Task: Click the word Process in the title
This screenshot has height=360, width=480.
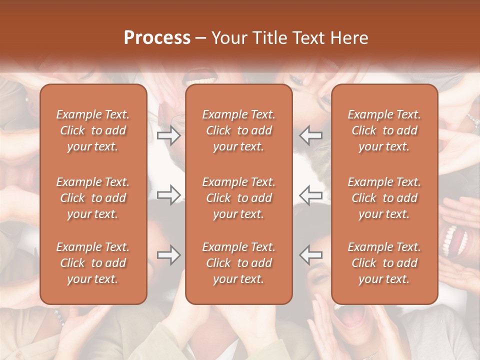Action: tap(157, 38)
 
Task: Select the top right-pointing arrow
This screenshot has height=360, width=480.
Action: tap(169, 135)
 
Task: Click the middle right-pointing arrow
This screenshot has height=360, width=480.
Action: tap(169, 194)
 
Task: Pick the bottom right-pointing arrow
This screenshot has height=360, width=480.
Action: tap(169, 255)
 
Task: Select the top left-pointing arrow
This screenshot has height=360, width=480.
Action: tap(310, 135)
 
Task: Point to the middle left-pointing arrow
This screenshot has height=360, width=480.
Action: tap(310, 194)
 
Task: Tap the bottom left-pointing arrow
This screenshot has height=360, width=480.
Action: tap(310, 255)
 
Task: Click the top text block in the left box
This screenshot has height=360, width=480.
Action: tap(93, 130)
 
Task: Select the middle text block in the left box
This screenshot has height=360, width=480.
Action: tap(93, 198)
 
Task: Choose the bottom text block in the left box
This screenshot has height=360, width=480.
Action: tap(93, 263)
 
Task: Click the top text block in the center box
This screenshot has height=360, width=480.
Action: tap(238, 130)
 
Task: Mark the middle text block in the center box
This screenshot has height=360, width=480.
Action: tap(238, 198)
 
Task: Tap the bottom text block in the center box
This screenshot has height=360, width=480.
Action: tap(238, 263)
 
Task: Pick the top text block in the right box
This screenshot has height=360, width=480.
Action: tap(384, 130)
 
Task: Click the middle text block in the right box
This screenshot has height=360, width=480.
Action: tap(384, 198)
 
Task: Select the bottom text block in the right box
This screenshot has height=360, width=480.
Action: tap(384, 263)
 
